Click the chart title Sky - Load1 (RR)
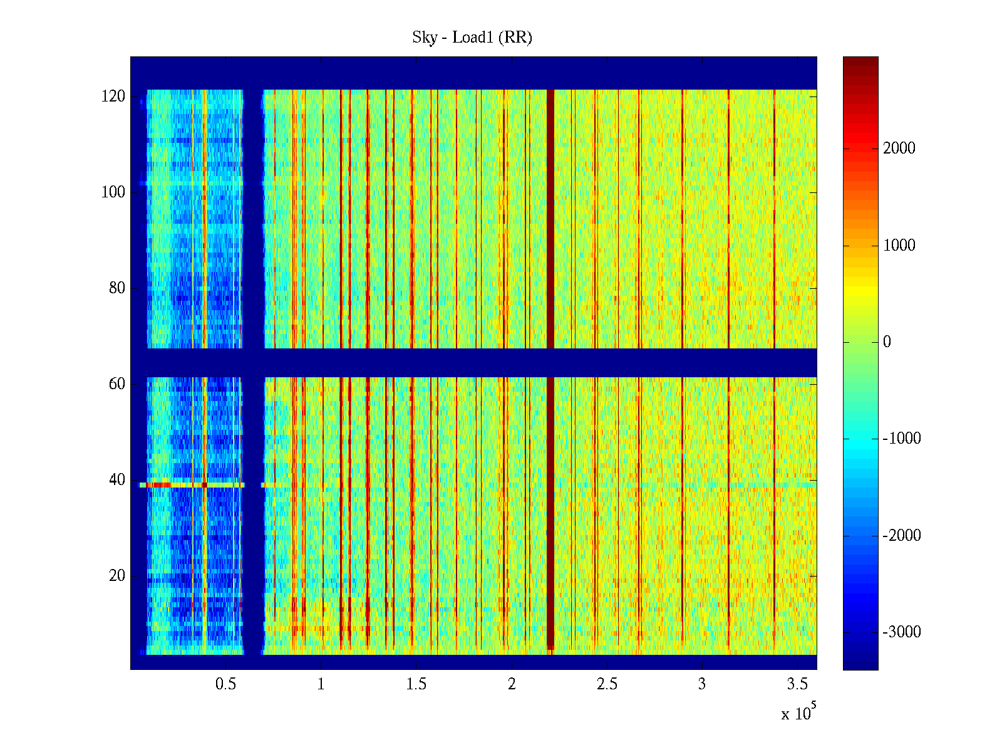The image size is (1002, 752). click(472, 38)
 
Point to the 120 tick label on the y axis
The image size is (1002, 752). click(113, 97)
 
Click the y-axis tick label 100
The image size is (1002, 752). click(113, 192)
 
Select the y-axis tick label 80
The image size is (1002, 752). click(117, 288)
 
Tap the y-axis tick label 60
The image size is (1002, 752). click(117, 384)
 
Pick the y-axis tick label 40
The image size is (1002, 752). click(117, 480)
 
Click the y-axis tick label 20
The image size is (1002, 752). click(117, 576)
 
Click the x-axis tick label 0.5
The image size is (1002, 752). click(225, 684)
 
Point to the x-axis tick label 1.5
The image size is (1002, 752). click(416, 684)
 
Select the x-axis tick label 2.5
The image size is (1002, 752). click(607, 684)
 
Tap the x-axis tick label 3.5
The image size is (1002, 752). click(797, 684)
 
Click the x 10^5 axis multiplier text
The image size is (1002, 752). click(797, 713)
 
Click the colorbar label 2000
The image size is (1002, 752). click(899, 149)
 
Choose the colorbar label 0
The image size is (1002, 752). click(887, 342)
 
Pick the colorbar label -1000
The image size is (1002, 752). click(902, 439)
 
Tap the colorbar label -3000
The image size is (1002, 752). click(902, 632)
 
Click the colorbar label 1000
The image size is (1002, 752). click(899, 246)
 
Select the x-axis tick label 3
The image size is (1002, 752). click(702, 684)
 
